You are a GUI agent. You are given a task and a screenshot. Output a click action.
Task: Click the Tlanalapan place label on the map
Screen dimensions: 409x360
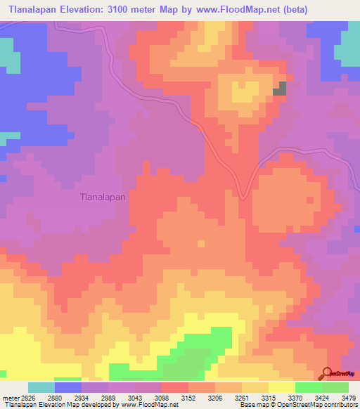point(103,197)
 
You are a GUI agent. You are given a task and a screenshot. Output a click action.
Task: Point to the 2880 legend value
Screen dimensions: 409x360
point(55,397)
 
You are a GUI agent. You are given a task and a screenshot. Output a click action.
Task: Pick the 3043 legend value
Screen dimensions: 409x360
point(134,397)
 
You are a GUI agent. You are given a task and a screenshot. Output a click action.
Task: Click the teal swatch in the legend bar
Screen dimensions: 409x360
point(41,387)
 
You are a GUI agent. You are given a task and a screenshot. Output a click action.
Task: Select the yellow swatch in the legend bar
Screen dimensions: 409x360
point(281,387)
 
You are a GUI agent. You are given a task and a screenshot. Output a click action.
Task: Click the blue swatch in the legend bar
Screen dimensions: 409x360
point(68,387)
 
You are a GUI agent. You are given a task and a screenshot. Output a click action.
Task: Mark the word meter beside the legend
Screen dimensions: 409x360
point(11,397)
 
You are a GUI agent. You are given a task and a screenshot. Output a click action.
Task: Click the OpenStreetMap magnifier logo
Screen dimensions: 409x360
point(327,373)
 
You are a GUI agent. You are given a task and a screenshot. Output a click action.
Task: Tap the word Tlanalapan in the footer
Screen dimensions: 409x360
point(19,405)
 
